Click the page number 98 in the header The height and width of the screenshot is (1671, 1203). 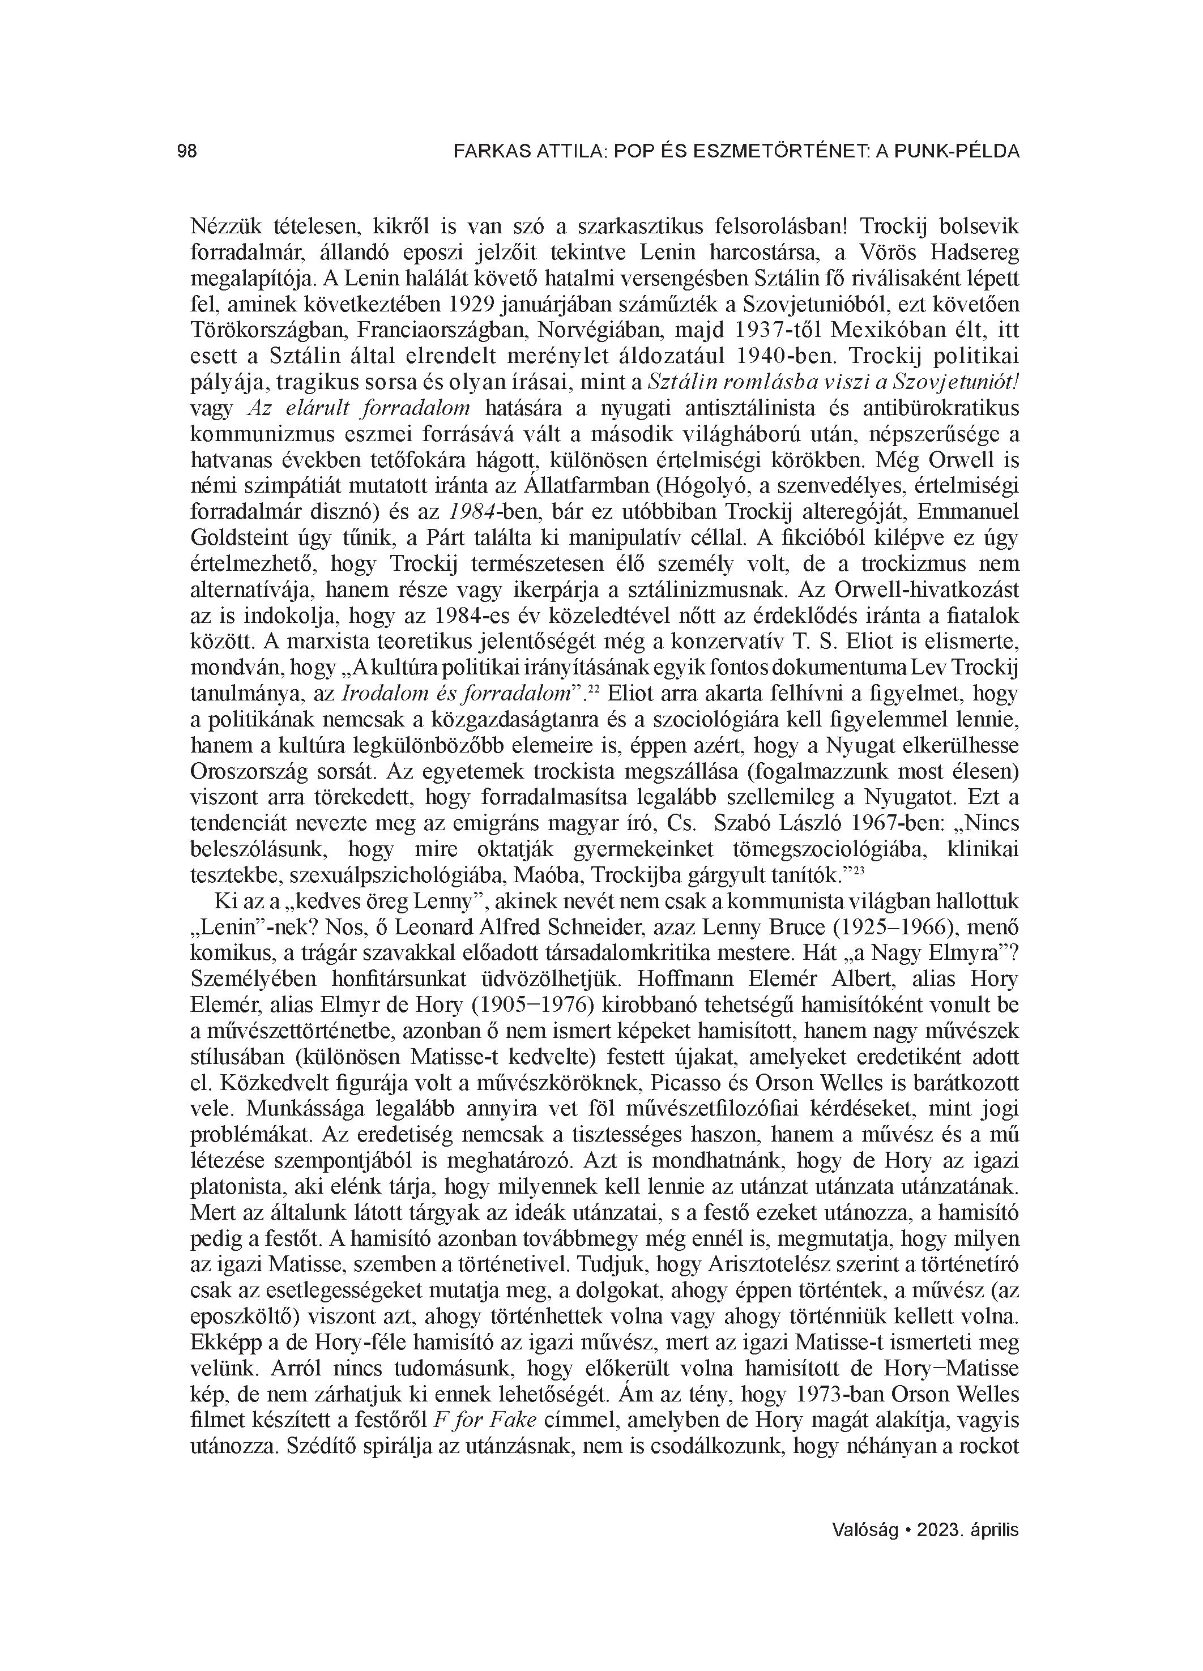tap(187, 151)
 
